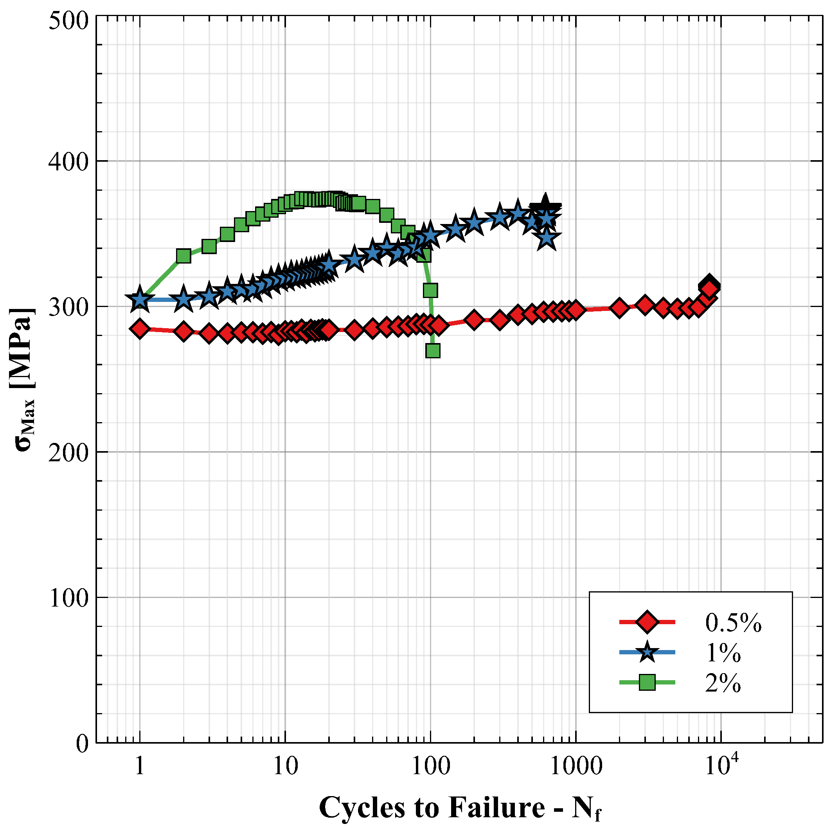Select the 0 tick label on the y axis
(82, 743)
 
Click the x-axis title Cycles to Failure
(460, 807)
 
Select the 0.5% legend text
(733, 623)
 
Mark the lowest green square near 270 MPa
(433, 351)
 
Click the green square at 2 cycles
(183, 256)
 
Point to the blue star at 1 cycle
(140, 299)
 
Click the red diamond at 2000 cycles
(619, 309)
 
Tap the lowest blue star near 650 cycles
(547, 238)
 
